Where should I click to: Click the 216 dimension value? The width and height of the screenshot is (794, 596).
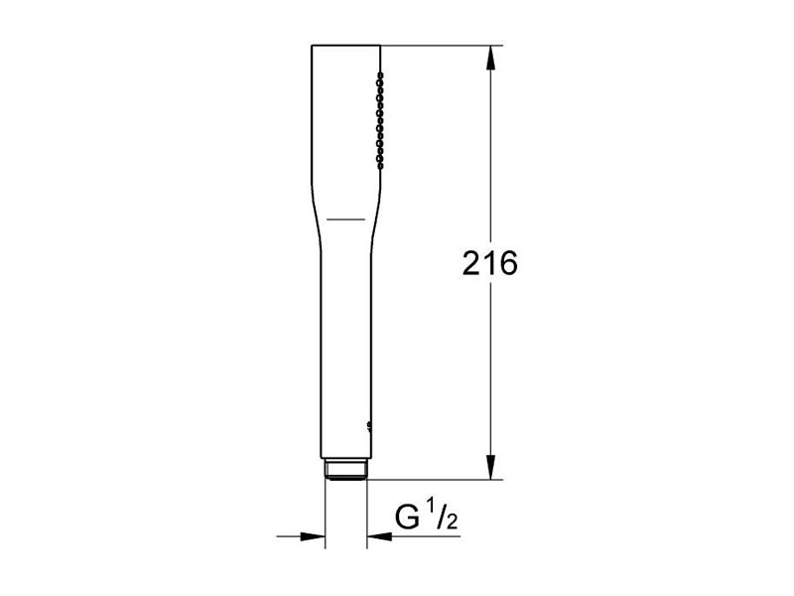pyautogui.click(x=489, y=263)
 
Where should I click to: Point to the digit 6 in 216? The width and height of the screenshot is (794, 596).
pyautogui.click(x=508, y=263)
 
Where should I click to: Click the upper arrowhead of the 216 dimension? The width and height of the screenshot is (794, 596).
pyautogui.click(x=490, y=59)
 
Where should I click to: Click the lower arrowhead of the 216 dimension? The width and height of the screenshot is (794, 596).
pyautogui.click(x=490, y=467)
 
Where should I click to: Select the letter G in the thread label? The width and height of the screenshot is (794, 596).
pyautogui.click(x=407, y=518)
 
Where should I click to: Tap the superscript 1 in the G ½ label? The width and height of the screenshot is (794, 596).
pyautogui.click(x=431, y=507)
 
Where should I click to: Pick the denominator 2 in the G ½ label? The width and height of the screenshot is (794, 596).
pyautogui.click(x=452, y=521)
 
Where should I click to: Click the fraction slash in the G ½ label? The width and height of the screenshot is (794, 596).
pyautogui.click(x=441, y=515)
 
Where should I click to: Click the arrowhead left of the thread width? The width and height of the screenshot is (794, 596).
pyautogui.click(x=313, y=535)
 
